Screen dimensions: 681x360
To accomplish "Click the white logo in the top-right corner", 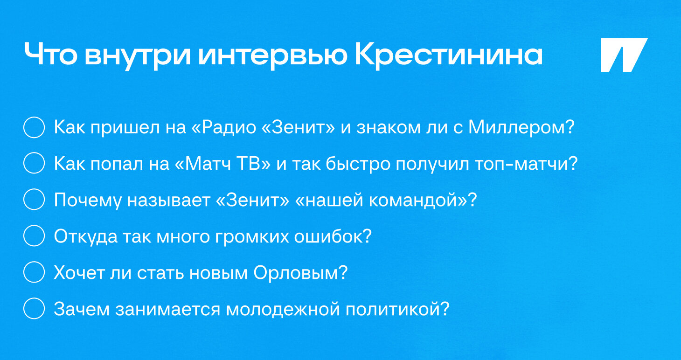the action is point(624,55).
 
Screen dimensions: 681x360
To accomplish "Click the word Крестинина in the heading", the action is point(449,55).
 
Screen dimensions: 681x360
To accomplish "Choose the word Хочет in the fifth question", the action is point(79,273).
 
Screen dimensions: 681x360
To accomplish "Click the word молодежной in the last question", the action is point(283,310).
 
